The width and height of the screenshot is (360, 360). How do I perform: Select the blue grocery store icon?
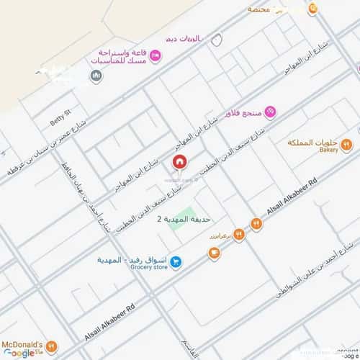[x=177, y=263]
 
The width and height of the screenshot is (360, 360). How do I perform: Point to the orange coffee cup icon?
[x=213, y=252]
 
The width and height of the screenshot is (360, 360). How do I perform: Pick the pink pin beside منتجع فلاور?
[x=270, y=112]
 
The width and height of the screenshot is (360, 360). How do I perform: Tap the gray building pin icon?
[x=96, y=76]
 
